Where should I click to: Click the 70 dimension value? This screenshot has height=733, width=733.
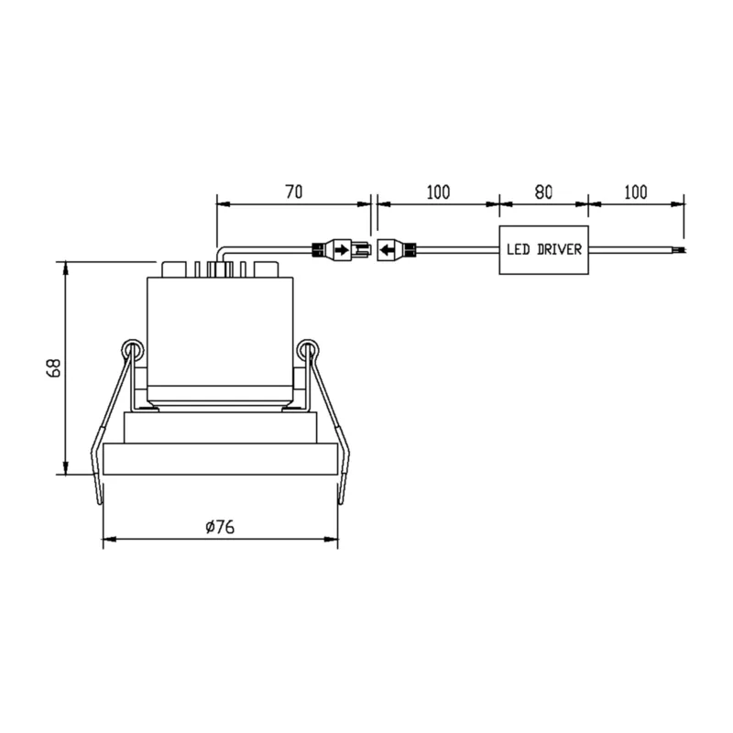pos(293,191)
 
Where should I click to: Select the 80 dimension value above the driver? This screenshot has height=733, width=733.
pos(543,192)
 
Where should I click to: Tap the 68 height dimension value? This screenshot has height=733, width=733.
pos(54,368)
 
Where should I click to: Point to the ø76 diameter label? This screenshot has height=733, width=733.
pos(220,527)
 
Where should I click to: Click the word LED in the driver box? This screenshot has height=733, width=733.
pos(518,249)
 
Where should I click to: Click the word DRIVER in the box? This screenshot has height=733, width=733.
pos(560,249)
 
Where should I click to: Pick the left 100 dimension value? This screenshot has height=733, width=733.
pos(438,192)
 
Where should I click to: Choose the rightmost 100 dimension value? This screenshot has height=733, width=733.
pos(636,192)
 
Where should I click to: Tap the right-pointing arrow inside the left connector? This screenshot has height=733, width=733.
pos(342,250)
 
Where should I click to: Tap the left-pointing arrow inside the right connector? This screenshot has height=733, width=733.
pos(387,250)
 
